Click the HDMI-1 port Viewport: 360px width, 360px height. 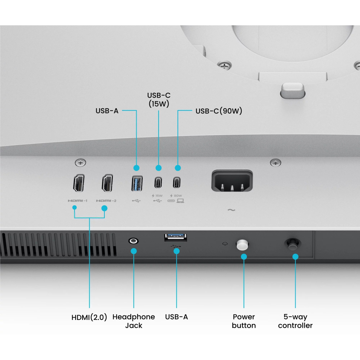coord(78,184)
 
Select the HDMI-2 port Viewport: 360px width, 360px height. coord(107,184)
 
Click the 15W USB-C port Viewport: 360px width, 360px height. coord(158,183)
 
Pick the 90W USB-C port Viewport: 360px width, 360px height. coord(177,183)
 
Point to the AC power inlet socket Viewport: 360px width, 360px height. coord(232,181)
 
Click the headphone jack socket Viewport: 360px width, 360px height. coord(134,241)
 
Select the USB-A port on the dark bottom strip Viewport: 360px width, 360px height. coord(176,238)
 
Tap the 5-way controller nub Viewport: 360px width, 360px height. coord(291,244)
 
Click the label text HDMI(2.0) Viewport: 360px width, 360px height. coord(89,317)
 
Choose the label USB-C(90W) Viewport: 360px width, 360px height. coord(219,111)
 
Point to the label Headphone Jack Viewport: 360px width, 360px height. coord(134,321)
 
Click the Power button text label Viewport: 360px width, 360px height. coord(244,321)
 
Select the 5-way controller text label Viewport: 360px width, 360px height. coord(295,321)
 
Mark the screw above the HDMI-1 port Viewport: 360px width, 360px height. coord(81,163)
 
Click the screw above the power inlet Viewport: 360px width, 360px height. coord(275,163)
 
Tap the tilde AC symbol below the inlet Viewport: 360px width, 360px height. coord(231,210)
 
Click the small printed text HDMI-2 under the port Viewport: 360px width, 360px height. coord(106,201)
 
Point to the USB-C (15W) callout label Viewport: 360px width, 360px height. coord(159,99)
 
